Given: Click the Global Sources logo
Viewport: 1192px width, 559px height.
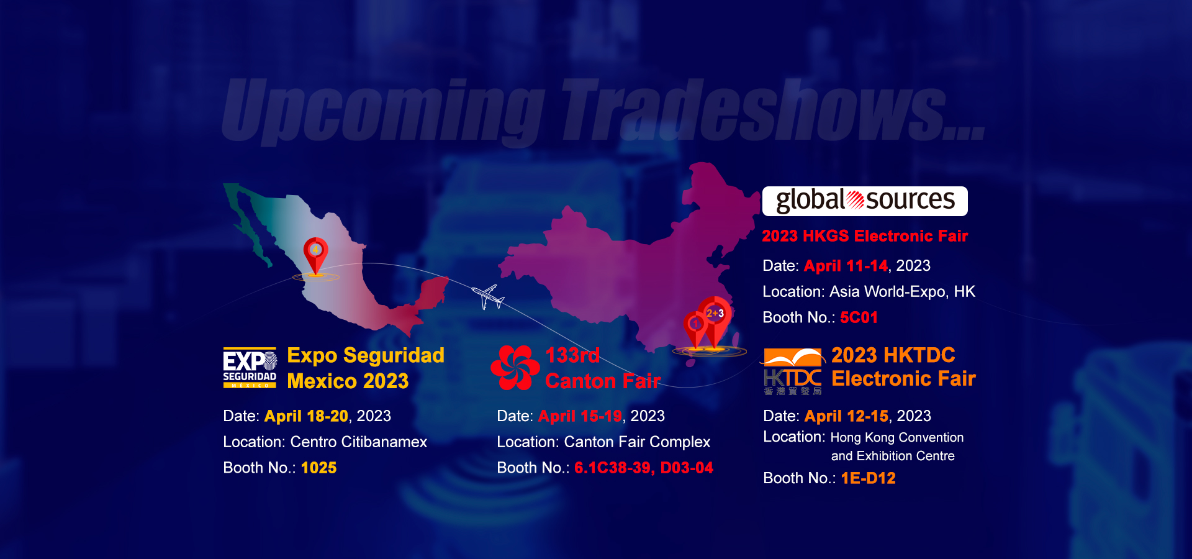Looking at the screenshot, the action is (x=865, y=201).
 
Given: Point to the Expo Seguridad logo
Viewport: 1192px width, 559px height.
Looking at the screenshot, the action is (x=250, y=368).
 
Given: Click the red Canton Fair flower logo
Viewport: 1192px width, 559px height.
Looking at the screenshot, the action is (x=515, y=368).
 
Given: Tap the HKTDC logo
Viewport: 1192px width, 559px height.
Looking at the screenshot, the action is (x=793, y=371).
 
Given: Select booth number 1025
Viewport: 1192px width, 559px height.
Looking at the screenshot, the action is (x=318, y=468).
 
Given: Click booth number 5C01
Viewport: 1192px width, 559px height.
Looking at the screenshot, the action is (x=859, y=317).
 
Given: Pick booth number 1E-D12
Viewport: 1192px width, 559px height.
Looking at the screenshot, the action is (x=868, y=478).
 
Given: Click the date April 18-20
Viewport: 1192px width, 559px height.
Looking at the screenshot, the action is (x=306, y=416).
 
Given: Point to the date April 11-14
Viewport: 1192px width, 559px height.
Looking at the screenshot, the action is (x=846, y=266).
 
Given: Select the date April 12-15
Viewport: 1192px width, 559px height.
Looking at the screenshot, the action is (x=846, y=416).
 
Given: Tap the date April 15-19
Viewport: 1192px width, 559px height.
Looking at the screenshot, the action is (x=580, y=416).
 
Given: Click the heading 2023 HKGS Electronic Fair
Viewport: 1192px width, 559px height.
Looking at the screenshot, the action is (x=865, y=236).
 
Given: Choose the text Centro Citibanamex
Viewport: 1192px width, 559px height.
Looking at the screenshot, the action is (x=359, y=442).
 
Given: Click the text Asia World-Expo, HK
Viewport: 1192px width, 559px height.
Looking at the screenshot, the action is (x=902, y=291).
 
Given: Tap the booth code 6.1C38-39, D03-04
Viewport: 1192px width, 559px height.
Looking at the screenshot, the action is (x=644, y=468).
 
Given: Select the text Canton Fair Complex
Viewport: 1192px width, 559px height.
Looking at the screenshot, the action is (x=637, y=442).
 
